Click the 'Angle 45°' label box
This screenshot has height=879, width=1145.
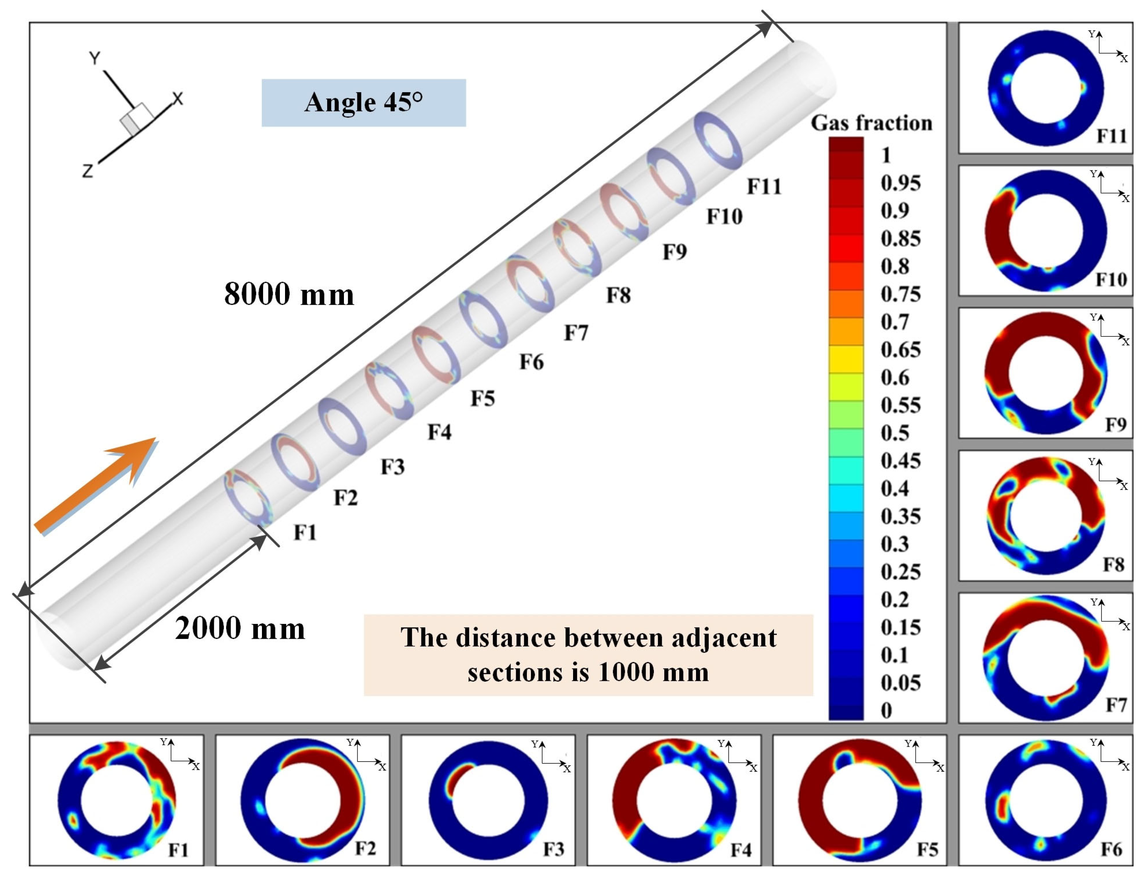coord(363,103)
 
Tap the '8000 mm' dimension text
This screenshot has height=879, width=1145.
coord(289,294)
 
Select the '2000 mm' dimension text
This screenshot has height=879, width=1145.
coord(240,628)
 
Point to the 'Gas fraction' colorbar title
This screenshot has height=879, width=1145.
coord(871,123)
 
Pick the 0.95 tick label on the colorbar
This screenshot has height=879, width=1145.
coord(900,183)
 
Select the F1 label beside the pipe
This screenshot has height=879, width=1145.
coord(305,533)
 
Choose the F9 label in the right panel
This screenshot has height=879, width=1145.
coord(1116,424)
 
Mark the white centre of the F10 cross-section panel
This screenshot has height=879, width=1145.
coord(1045,231)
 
